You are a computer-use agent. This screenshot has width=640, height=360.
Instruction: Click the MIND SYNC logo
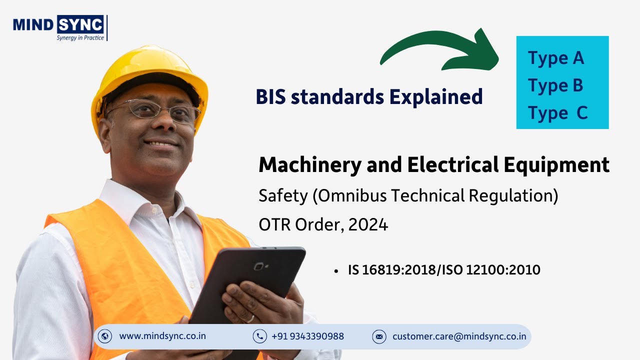(x=58, y=24)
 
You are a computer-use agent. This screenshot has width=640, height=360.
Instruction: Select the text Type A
(x=556, y=58)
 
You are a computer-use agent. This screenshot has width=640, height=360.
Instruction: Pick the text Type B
(x=555, y=85)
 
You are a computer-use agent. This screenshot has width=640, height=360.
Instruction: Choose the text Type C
(x=557, y=113)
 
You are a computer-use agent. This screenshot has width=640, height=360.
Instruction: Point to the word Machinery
(x=309, y=165)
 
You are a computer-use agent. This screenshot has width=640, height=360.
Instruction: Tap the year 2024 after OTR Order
(x=368, y=225)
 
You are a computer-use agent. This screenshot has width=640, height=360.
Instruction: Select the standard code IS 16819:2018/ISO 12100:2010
(x=444, y=270)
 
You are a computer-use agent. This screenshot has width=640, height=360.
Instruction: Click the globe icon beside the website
(x=105, y=336)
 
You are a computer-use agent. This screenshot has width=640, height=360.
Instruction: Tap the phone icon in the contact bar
(x=259, y=336)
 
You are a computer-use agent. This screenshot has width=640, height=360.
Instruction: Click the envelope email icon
(x=379, y=336)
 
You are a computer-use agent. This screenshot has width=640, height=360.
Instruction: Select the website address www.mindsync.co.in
(x=162, y=336)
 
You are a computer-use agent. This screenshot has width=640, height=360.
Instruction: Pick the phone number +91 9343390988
(x=307, y=336)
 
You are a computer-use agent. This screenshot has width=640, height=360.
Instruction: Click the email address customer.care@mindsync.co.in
(x=459, y=336)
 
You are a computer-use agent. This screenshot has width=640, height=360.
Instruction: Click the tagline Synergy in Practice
(x=80, y=38)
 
